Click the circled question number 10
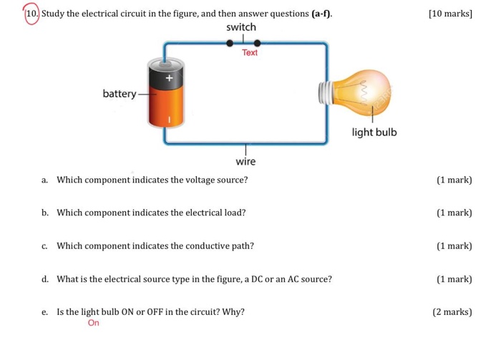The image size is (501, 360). coord(31,14)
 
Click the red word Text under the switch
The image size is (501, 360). coord(250,53)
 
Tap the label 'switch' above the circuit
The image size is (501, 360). coord(241,27)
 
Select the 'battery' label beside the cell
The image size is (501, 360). coord(120,94)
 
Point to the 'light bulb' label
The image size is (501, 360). coord(374,133)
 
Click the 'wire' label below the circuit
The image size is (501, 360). coord(245,162)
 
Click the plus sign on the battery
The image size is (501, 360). coord(170,77)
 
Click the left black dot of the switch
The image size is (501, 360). coord(230,43)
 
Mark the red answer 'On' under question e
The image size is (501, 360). coord(94,323)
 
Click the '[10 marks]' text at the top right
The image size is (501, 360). coord(450,14)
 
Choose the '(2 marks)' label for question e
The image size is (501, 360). coord(452,312)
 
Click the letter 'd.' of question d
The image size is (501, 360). coord(45,279)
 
